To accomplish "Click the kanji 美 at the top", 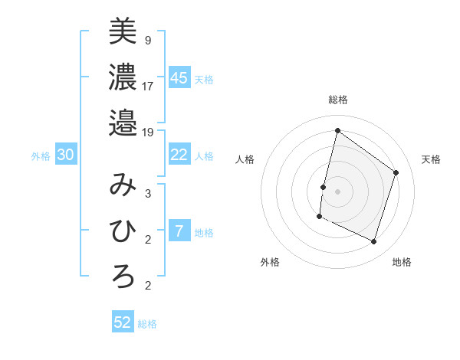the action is (x=123, y=32).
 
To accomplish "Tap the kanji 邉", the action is (x=123, y=122).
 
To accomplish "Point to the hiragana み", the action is (x=123, y=185).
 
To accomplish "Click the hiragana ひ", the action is (x=123, y=230).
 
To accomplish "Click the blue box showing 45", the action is (x=179, y=78).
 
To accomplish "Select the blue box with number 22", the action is (x=179, y=155).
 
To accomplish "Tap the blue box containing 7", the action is (x=179, y=231).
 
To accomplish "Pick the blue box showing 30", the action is (x=66, y=155).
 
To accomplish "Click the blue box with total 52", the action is (x=123, y=322).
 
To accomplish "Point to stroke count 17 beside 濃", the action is (x=148, y=86).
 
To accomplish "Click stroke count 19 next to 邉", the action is (x=148, y=132).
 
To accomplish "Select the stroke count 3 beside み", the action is (x=148, y=194).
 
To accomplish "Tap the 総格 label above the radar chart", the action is (x=337, y=100).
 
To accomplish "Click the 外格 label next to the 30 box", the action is (x=41, y=156).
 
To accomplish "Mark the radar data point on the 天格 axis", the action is (x=396, y=172).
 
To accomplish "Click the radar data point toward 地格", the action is (x=374, y=242).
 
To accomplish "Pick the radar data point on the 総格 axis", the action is (x=337, y=130).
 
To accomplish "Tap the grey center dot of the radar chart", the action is (x=337, y=191).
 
